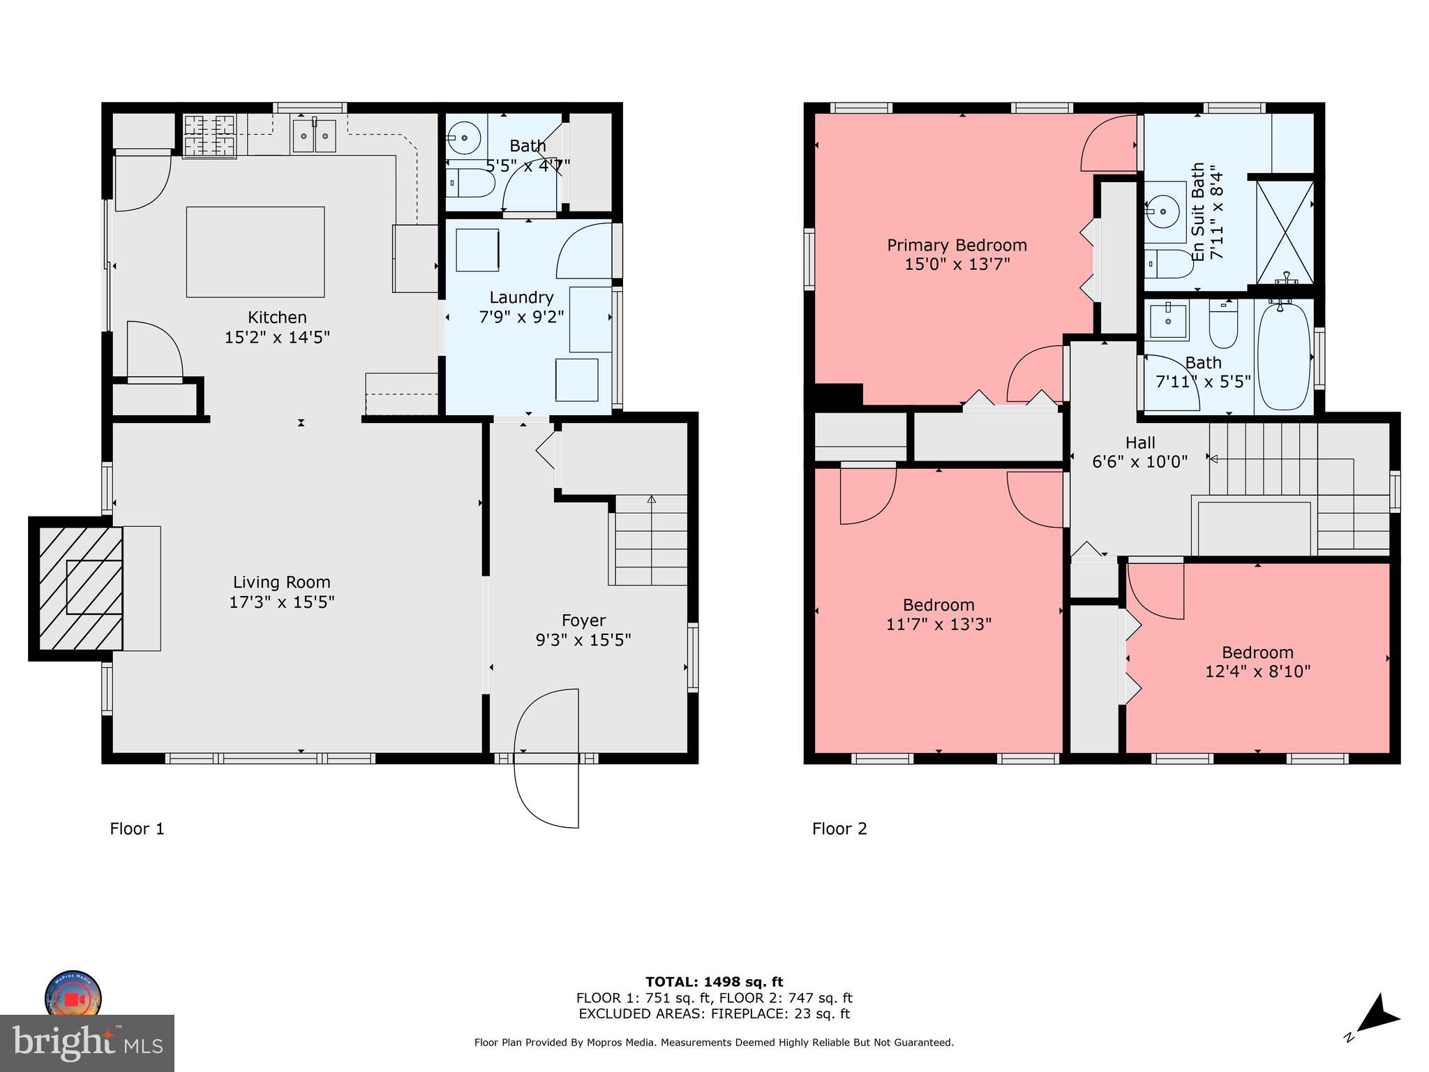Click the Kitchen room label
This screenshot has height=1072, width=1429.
coord(277,318)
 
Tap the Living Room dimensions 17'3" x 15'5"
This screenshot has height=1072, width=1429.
coord(282,602)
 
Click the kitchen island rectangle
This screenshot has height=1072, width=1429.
coord(255,251)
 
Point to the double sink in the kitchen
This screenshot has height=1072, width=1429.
coord(314,135)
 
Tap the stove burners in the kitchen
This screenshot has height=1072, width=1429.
coord(209,135)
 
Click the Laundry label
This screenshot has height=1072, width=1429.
coord(521,297)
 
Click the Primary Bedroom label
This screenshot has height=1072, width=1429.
coord(957,246)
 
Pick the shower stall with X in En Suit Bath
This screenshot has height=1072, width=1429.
coord(1285,232)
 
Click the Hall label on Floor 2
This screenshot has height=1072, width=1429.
coord(1140,442)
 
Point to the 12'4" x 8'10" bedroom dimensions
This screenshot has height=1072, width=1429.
coord(1258,671)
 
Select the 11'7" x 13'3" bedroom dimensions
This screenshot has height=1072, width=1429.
coord(938,624)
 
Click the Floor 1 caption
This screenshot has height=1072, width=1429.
coord(137,828)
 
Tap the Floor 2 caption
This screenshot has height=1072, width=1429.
coord(839,828)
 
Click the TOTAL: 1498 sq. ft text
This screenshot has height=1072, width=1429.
coord(714,982)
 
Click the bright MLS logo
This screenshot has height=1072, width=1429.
coord(87,1043)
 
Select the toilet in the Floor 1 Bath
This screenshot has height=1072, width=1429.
coord(469,183)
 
